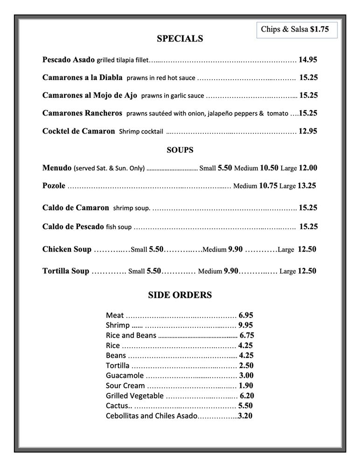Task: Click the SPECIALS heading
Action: (x=180, y=39)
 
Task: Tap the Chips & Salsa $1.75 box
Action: (x=295, y=29)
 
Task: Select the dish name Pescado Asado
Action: (x=69, y=60)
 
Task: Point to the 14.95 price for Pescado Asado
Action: (x=308, y=60)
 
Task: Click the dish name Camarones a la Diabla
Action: (x=82, y=77)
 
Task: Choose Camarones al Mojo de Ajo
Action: (x=90, y=95)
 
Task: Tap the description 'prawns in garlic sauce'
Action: (x=173, y=96)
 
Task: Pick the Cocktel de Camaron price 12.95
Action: (x=308, y=131)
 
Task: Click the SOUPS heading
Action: (x=180, y=150)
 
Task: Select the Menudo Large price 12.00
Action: (x=308, y=168)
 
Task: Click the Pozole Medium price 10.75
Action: (x=268, y=185)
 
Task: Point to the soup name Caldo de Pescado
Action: (x=73, y=226)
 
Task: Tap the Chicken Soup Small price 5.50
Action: (x=156, y=249)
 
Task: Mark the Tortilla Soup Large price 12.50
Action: (x=307, y=271)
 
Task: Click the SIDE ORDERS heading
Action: (x=180, y=295)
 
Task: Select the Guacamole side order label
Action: (x=125, y=376)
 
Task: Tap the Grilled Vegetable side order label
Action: (x=135, y=396)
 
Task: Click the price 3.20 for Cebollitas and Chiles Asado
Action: (x=245, y=416)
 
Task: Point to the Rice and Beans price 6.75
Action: (x=247, y=335)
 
